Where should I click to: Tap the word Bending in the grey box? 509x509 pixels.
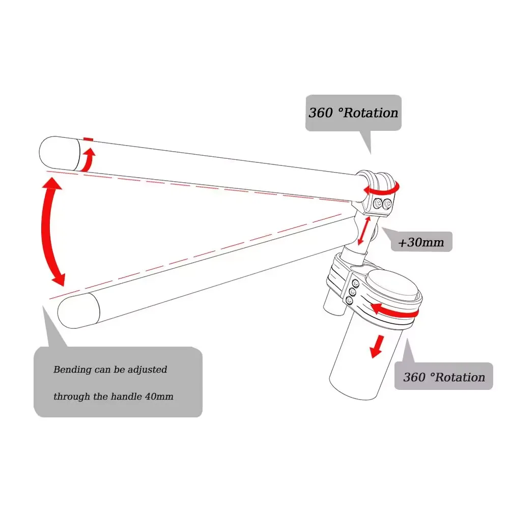click(x=73, y=370)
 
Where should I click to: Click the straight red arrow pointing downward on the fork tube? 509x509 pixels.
click(x=377, y=346)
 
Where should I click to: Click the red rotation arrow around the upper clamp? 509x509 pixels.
click(x=383, y=189)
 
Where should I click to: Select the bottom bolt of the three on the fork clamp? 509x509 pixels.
click(x=350, y=301)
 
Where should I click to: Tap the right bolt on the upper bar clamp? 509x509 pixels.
click(x=388, y=204)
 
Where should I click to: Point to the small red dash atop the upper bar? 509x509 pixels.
click(x=89, y=138)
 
